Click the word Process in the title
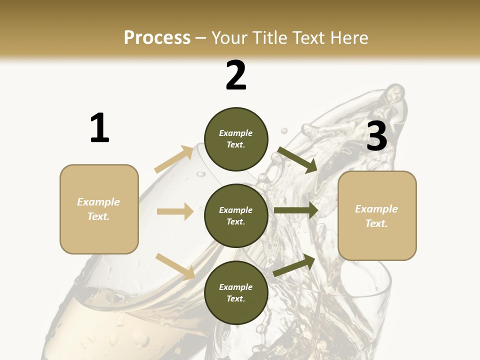pyautogui.click(x=157, y=38)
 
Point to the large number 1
pyautogui.click(x=99, y=128)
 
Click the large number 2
pyautogui.click(x=236, y=75)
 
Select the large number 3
pyautogui.click(x=376, y=136)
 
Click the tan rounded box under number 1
pyautogui.click(x=99, y=209)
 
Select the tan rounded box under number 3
pyautogui.click(x=377, y=215)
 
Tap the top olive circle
pyautogui.click(x=236, y=139)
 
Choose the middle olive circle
pyautogui.click(x=236, y=215)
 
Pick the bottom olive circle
pyautogui.click(x=236, y=292)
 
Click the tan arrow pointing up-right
pyautogui.click(x=174, y=159)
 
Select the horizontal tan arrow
pyautogui.click(x=175, y=211)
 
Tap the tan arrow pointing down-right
pyautogui.click(x=175, y=265)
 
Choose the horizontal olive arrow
pyautogui.click(x=296, y=210)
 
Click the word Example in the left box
pyautogui.click(x=98, y=202)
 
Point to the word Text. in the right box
pyautogui.click(x=376, y=223)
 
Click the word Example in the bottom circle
pyautogui.click(x=236, y=287)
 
